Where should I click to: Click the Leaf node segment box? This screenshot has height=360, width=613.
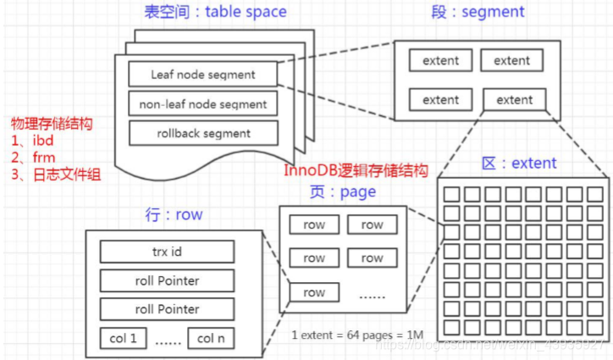[202, 75]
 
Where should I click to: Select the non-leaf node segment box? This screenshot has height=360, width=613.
[202, 104]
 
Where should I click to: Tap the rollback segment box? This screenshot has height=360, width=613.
[202, 133]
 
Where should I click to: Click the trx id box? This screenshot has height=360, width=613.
[166, 252]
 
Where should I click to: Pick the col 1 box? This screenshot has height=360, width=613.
[123, 337]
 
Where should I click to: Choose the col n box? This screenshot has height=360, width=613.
[212, 337]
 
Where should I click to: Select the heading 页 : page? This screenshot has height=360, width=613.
[344, 191]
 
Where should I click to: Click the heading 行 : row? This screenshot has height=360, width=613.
[174, 214]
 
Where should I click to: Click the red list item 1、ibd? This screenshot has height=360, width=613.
[33, 141]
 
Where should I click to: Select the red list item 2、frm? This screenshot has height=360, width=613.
[33, 158]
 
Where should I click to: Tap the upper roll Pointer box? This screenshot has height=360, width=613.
[166, 280]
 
